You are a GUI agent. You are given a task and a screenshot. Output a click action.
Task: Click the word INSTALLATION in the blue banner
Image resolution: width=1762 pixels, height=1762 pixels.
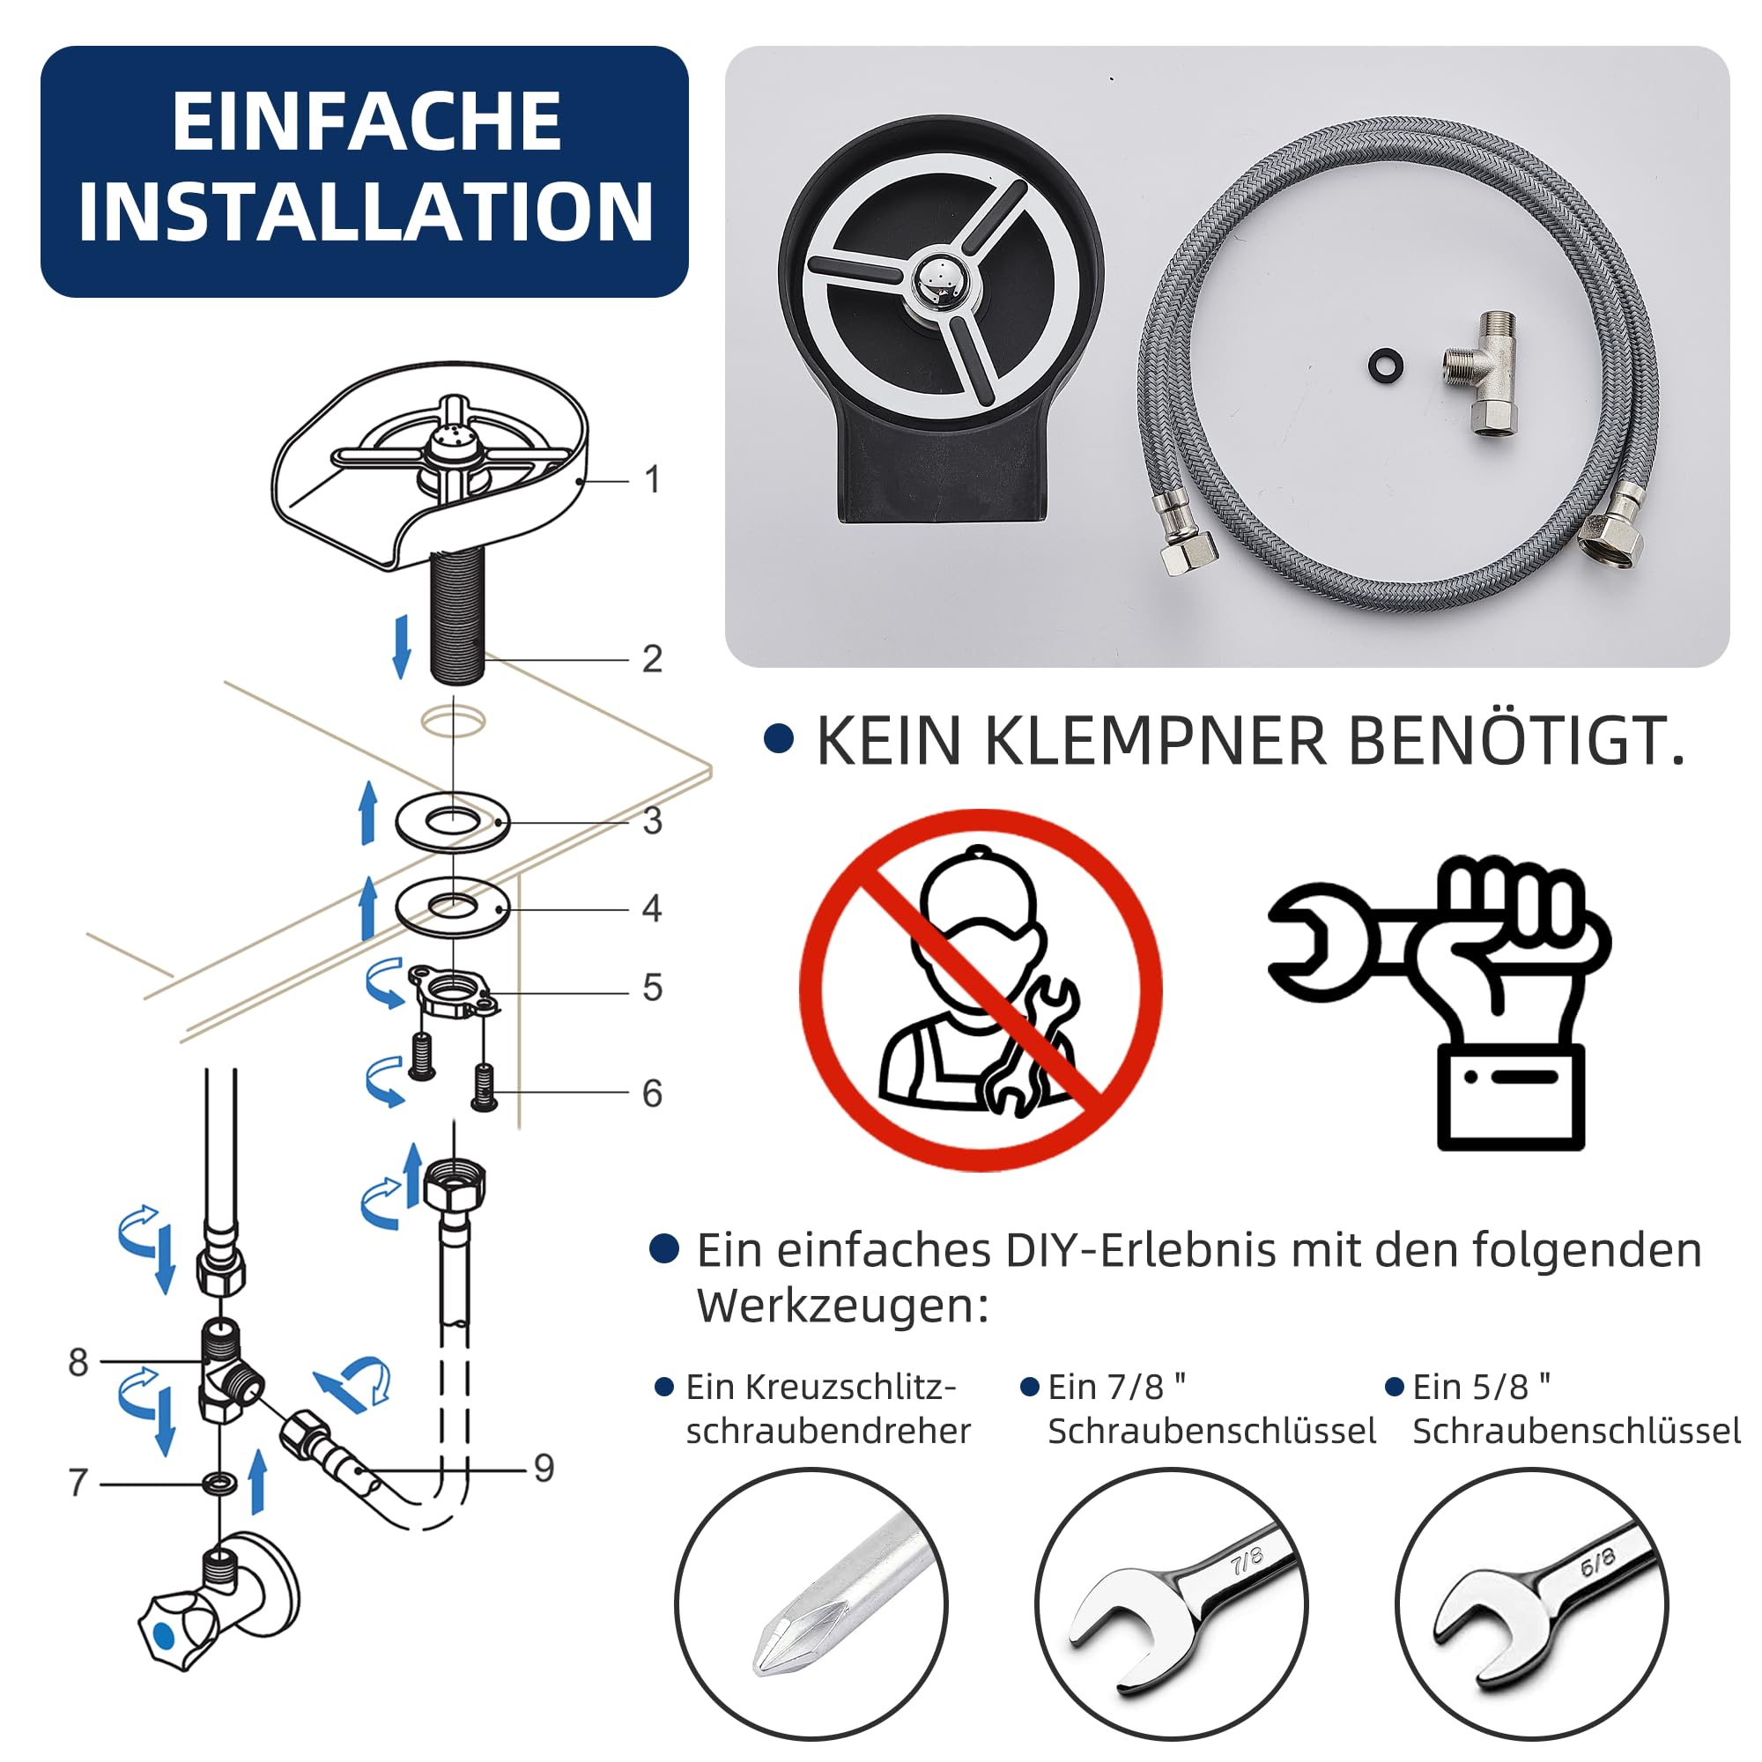(x=366, y=211)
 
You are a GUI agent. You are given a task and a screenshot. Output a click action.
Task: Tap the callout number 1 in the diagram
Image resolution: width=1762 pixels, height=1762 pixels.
(x=652, y=478)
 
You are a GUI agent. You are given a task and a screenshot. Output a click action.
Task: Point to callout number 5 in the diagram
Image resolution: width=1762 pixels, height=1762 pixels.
(x=652, y=987)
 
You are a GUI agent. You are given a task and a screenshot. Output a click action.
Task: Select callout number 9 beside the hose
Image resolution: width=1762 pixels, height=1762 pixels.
(x=544, y=1468)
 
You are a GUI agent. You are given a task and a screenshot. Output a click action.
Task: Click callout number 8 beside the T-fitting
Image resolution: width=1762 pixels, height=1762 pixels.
(x=78, y=1362)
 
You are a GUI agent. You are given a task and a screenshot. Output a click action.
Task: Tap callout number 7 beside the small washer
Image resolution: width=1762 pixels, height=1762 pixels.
(x=78, y=1482)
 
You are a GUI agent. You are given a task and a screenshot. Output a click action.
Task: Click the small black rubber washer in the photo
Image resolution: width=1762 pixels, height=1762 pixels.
(x=1386, y=363)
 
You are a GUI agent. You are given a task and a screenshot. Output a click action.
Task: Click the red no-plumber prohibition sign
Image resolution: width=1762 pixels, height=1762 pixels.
(x=981, y=990)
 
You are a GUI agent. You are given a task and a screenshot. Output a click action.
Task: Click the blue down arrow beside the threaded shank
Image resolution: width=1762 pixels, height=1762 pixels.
(x=400, y=646)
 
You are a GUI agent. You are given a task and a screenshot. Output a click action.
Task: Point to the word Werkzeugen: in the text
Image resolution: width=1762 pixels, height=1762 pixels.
(x=844, y=1307)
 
